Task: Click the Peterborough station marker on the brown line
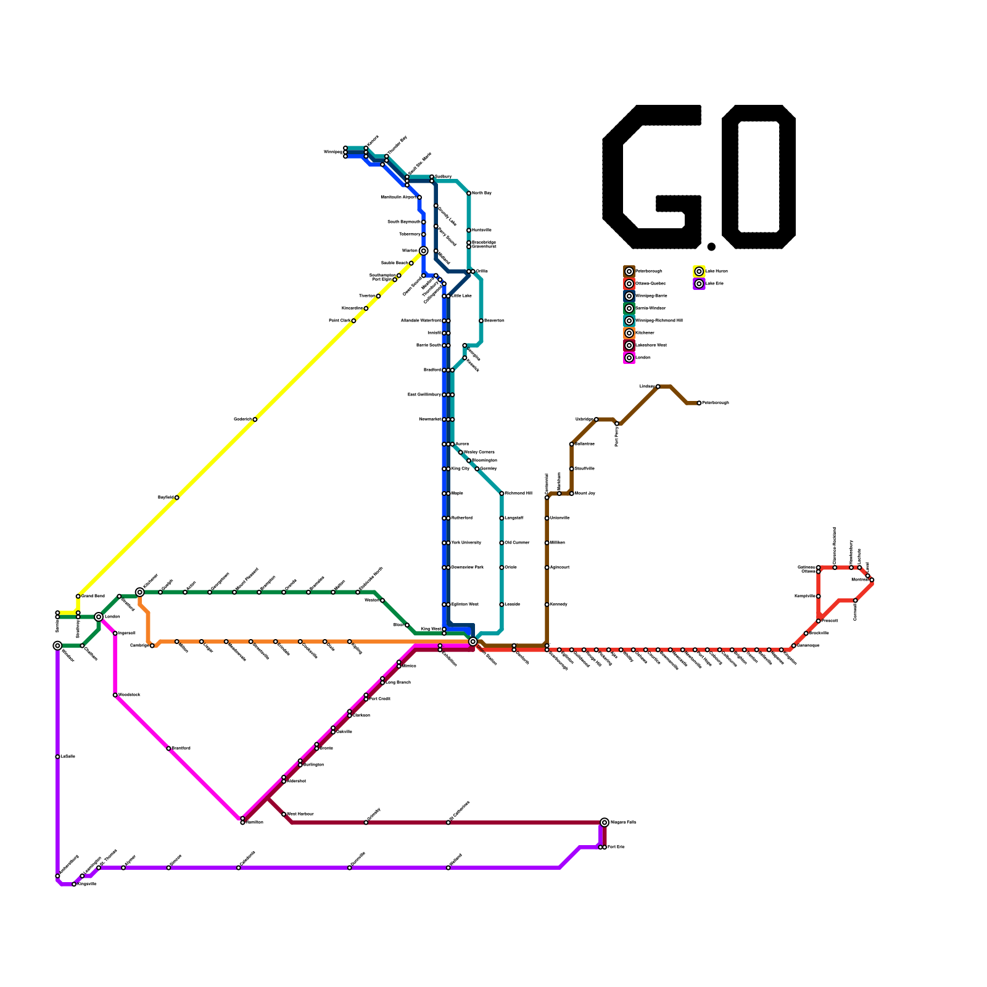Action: [x=699, y=403]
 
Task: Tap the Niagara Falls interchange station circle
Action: [x=605, y=822]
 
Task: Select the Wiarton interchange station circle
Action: [x=423, y=251]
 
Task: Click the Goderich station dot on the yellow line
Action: [x=255, y=419]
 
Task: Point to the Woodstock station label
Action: [x=130, y=695]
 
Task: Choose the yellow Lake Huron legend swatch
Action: [x=699, y=271]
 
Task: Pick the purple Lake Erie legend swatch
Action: [x=699, y=284]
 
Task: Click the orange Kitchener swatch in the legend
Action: [x=629, y=333]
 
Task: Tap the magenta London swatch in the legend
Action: [x=629, y=358]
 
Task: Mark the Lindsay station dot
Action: [x=658, y=386]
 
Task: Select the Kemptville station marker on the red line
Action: [x=818, y=597]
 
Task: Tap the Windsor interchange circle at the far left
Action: [x=57, y=646]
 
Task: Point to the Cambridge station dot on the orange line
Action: [x=152, y=646]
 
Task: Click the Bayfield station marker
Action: [x=177, y=497]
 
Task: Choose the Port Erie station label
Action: [x=616, y=847]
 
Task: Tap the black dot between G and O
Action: [x=711, y=247]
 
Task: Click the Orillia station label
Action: [x=482, y=271]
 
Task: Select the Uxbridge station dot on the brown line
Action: [x=596, y=419]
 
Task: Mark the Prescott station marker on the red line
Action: [x=818, y=621]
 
